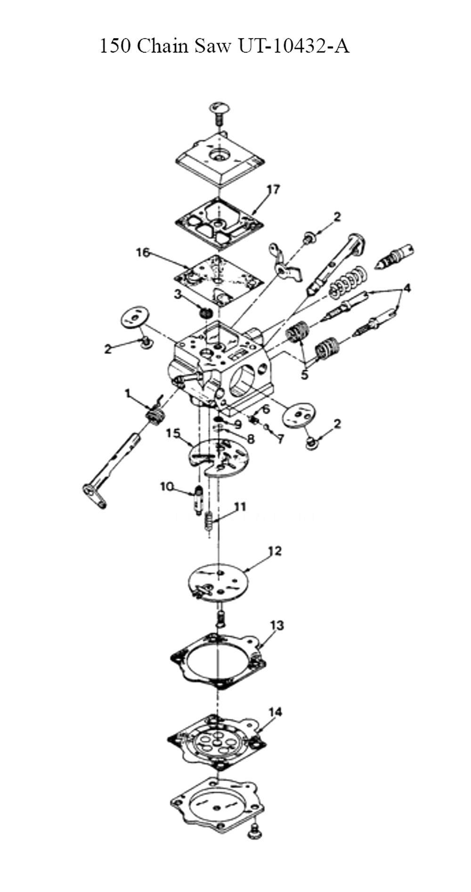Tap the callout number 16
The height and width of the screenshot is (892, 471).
coord(143,252)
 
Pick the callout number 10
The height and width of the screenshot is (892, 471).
coord(167,486)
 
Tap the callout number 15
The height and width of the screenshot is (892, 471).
coord(173,433)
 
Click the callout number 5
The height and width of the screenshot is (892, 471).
coord(305,375)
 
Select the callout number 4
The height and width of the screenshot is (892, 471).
coord(406,287)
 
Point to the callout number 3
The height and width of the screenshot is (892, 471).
coord(178,294)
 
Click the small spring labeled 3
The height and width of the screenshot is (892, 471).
coord(205,312)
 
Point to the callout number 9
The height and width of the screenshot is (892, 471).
coord(237,424)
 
